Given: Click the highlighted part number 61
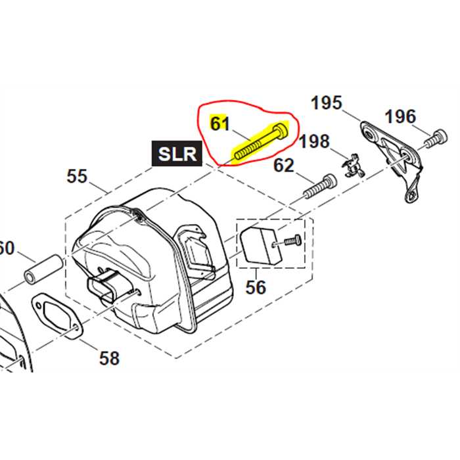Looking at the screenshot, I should pyautogui.click(x=219, y=123).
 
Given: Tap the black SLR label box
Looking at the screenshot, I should pyautogui.click(x=177, y=154).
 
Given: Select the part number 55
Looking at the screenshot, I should pyautogui.click(x=77, y=176).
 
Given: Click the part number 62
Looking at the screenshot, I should pyautogui.click(x=284, y=165).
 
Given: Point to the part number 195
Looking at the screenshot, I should pyautogui.click(x=327, y=103).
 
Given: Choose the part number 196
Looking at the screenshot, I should pyautogui.click(x=400, y=117).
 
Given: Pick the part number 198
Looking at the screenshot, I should pyautogui.click(x=315, y=142).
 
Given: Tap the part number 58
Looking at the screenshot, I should pyautogui.click(x=110, y=357).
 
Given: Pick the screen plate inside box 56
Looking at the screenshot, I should pyautogui.click(x=257, y=246).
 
